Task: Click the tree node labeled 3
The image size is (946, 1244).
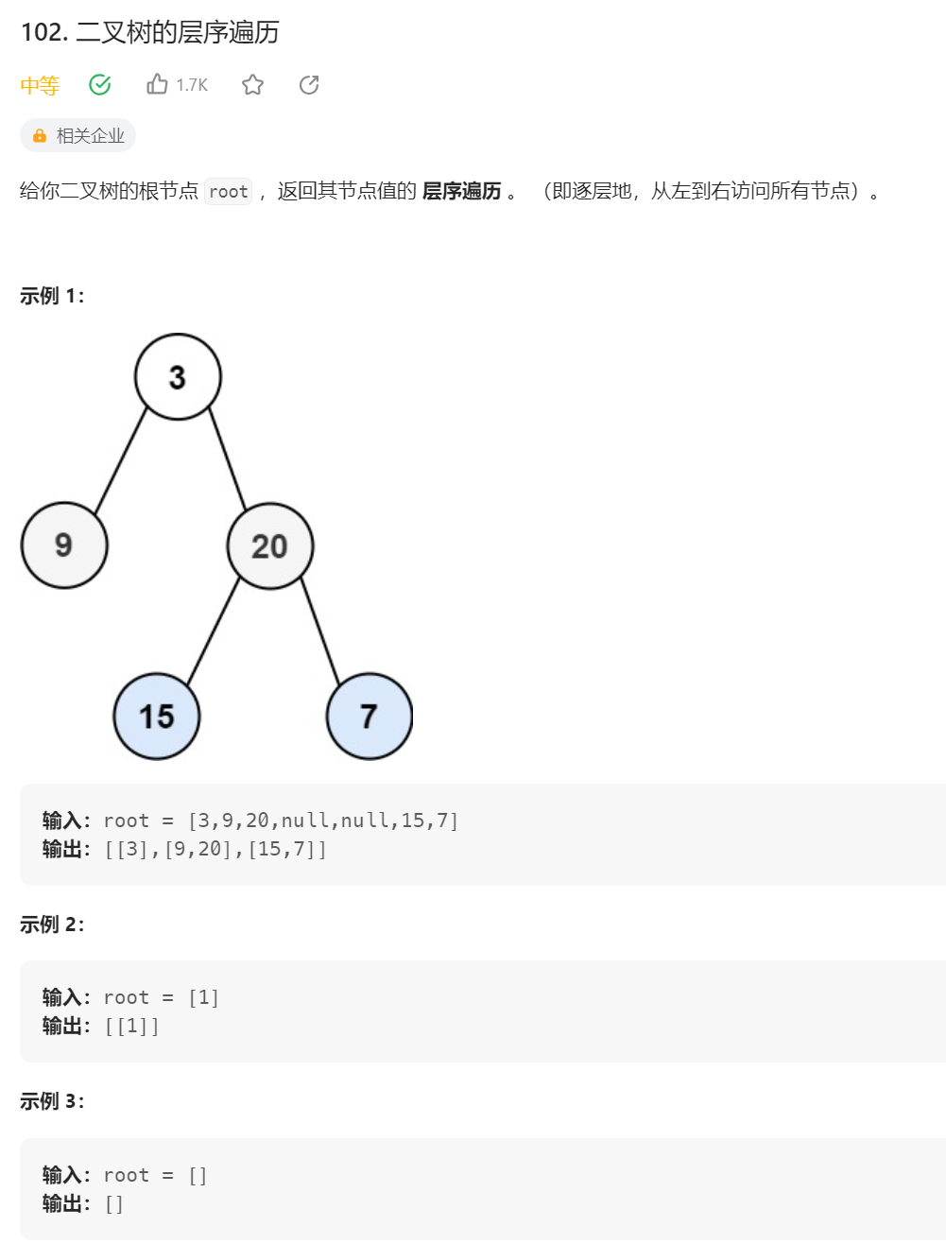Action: [x=178, y=377]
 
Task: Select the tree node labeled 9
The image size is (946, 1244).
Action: [x=64, y=545]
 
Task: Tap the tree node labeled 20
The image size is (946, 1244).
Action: [x=270, y=546]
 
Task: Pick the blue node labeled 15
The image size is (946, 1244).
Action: [x=157, y=717]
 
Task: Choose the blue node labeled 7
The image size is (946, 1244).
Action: [x=369, y=717]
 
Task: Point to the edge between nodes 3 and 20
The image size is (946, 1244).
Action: [x=227, y=460]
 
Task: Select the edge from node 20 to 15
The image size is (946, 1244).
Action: [x=214, y=631]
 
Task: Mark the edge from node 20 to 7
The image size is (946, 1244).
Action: [x=320, y=631]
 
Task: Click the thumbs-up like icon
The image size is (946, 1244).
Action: [x=157, y=85]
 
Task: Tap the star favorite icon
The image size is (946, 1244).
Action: [x=252, y=85]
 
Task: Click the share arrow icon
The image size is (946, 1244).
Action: [x=309, y=85]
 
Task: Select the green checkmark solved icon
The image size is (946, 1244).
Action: [x=100, y=85]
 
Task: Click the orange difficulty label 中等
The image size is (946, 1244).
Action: [x=40, y=86]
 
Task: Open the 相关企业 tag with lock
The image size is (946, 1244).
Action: [x=78, y=136]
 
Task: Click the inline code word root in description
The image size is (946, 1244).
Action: [x=229, y=192]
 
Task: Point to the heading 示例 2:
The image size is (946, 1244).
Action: [x=52, y=924]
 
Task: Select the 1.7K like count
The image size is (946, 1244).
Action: [x=192, y=86]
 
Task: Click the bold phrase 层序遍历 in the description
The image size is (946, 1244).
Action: [x=462, y=191]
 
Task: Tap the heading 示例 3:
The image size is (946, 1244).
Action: [x=52, y=1101]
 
